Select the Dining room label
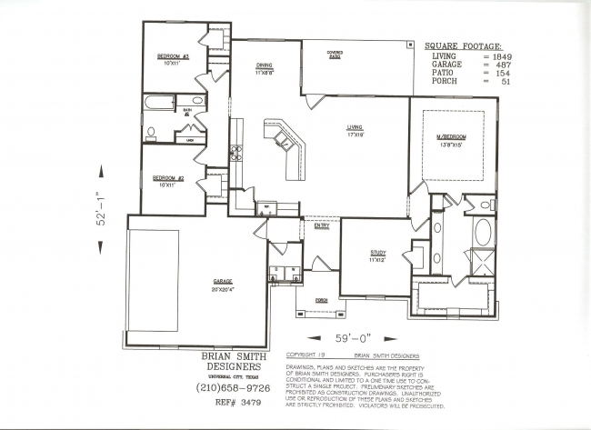[264, 65]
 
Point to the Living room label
[355, 128]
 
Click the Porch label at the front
[320, 300]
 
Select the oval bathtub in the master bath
[483, 232]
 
